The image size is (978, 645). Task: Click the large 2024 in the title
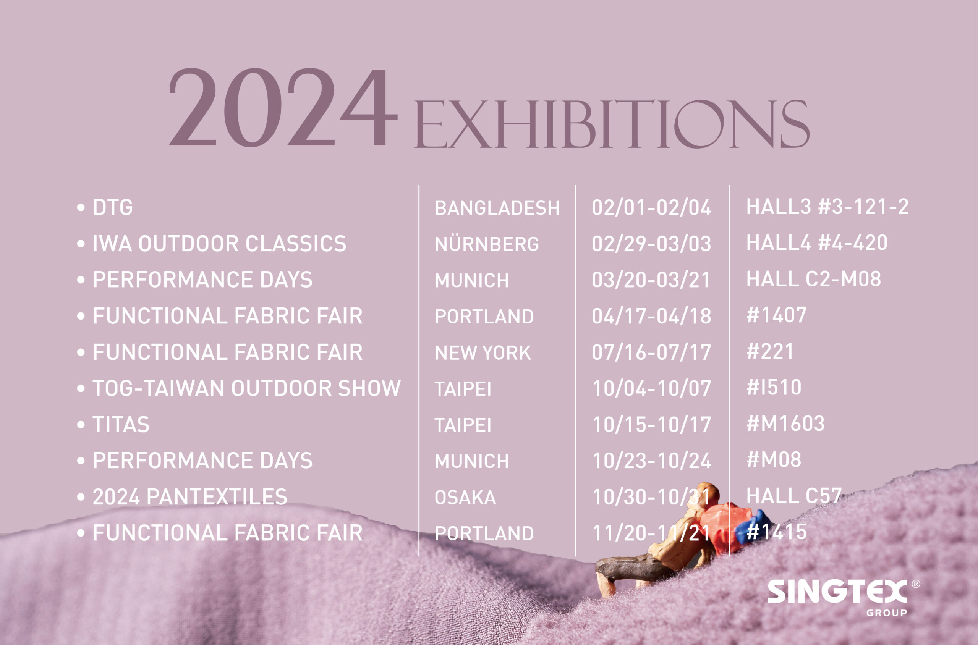[283, 107]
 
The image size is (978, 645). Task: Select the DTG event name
[113, 207]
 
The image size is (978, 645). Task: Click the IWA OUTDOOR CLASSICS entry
[220, 244]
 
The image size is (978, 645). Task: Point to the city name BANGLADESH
[497, 208]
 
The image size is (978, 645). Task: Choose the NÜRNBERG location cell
[487, 243]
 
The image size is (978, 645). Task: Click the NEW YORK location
[483, 352]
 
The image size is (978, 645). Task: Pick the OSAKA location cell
[465, 497]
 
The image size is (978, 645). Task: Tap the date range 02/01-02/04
[651, 207]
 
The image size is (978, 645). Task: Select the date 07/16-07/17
[651, 352]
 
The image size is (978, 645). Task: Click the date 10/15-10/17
[651, 425]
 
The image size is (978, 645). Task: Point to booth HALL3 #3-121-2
[827, 207]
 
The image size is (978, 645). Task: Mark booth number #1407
[776, 315]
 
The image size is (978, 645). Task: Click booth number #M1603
[785, 424]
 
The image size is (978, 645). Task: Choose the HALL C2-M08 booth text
[814, 279]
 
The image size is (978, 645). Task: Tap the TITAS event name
[121, 425]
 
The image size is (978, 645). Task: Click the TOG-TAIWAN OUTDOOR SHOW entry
[247, 388]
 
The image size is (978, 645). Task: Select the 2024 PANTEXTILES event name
[190, 497]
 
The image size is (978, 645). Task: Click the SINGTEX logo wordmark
[837, 592]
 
